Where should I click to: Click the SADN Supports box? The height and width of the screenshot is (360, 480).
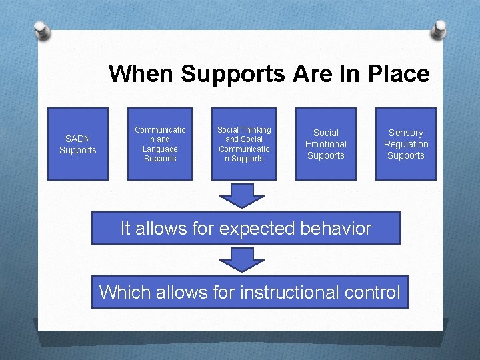[x=77, y=144]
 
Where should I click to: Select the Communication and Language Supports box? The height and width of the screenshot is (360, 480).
[x=160, y=144]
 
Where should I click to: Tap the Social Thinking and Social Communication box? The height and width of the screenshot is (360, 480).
[x=244, y=144]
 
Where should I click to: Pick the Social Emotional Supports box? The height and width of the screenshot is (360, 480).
[x=326, y=144]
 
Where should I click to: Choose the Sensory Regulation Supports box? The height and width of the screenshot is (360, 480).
[x=405, y=144]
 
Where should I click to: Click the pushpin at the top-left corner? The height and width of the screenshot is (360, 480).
[x=42, y=29]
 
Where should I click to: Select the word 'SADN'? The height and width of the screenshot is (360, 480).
[x=77, y=139]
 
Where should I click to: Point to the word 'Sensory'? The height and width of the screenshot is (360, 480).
[x=405, y=133]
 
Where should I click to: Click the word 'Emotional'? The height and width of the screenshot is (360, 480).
[x=326, y=144]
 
